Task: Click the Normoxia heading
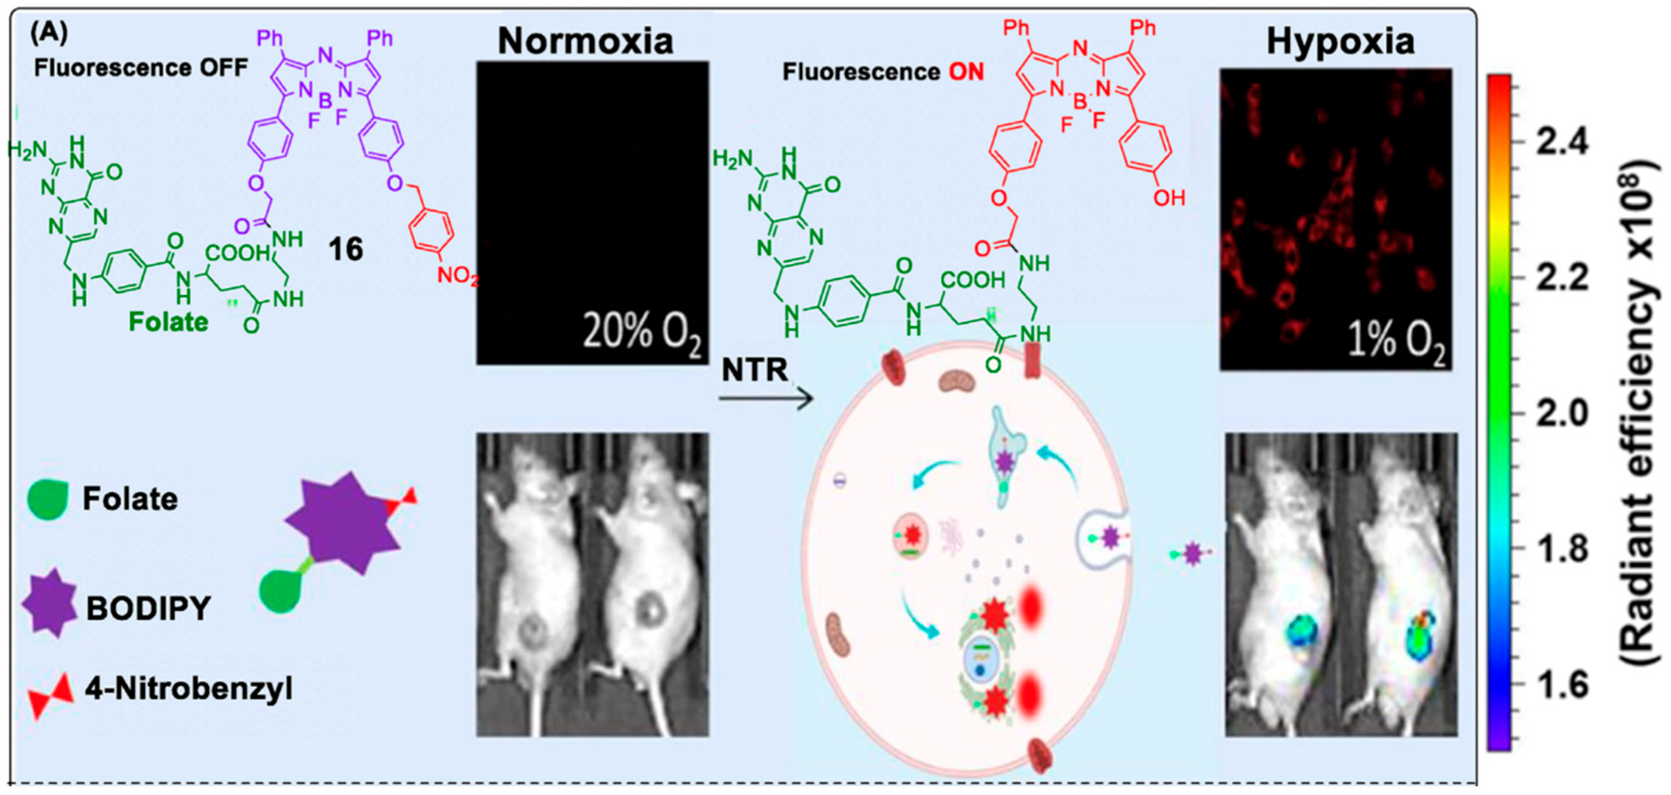pyautogui.click(x=585, y=41)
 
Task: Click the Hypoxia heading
pyautogui.click(x=1340, y=41)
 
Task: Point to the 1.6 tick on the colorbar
pyautogui.click(x=1562, y=683)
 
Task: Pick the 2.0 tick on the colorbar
pyautogui.click(x=1562, y=412)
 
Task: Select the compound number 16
pyautogui.click(x=345, y=249)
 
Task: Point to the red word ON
pyautogui.click(x=966, y=72)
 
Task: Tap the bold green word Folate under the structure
pyautogui.click(x=169, y=322)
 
